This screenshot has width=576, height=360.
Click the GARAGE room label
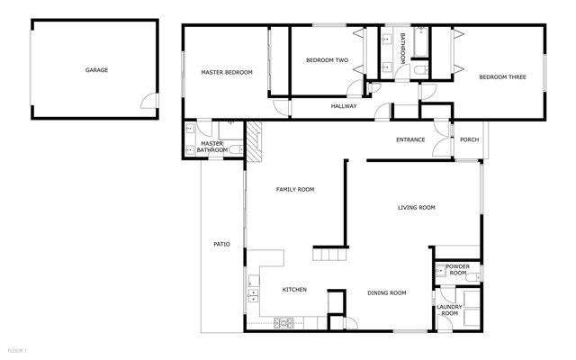[x=96, y=70]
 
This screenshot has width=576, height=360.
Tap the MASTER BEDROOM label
[x=227, y=72]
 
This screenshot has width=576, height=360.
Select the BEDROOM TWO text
[x=327, y=60]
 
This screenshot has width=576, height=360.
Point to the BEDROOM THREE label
[x=502, y=76]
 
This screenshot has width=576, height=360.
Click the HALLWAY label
[x=344, y=106]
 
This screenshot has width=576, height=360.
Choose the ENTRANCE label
[x=410, y=139]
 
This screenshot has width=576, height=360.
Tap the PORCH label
[x=470, y=139]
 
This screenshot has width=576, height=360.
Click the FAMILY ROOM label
[x=295, y=190]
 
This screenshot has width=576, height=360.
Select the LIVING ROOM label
[x=416, y=208]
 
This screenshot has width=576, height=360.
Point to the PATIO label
[x=222, y=244]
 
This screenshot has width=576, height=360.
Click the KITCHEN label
[x=294, y=290]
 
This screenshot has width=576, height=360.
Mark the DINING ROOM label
[x=387, y=292]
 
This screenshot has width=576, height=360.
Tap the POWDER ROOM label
[x=458, y=270]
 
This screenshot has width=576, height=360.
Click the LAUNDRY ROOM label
[x=449, y=310]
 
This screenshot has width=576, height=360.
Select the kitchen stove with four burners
[x=283, y=323]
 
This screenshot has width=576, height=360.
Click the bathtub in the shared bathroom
[x=420, y=41]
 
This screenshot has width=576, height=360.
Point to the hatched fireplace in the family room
[x=254, y=141]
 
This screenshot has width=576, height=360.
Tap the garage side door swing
[x=149, y=101]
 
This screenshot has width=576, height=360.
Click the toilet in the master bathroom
[x=236, y=149]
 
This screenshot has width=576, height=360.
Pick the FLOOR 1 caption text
[x=17, y=351]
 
